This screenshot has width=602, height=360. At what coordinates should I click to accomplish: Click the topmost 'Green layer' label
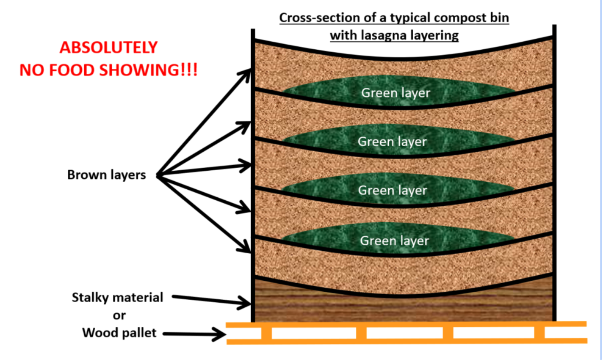395,93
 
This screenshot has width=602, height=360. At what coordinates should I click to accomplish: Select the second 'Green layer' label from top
392,142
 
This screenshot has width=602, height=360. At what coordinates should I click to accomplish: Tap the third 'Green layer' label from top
392,191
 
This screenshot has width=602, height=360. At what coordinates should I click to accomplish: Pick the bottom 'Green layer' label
394,241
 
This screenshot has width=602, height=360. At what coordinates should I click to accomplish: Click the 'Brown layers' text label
107,175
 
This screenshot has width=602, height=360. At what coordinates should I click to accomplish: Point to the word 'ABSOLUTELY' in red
108,47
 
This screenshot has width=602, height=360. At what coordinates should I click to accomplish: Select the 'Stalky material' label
117,298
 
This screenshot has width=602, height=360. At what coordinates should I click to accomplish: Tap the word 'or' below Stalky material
119,315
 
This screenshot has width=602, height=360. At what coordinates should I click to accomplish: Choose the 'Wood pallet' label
119,333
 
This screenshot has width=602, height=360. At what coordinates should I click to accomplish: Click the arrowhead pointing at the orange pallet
220,335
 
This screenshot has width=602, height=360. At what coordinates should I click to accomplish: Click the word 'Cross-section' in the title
312,18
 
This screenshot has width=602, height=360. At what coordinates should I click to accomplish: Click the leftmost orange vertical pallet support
266,333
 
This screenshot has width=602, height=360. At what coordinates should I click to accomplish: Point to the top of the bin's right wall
554,28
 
